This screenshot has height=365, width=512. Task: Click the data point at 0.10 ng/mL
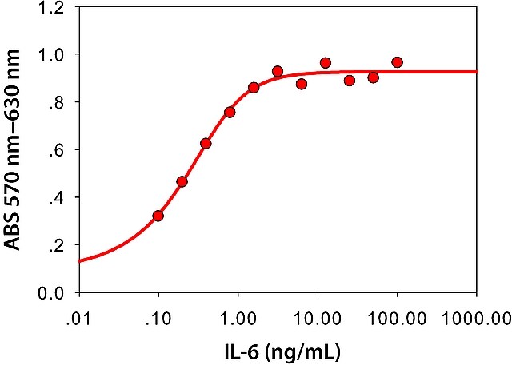coord(158,216)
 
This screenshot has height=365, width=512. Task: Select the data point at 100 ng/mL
coord(397,62)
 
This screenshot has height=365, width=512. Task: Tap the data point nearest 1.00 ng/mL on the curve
coord(230,113)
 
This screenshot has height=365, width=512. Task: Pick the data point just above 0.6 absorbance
coord(206,144)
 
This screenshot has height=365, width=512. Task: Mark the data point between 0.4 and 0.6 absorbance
coord(182,181)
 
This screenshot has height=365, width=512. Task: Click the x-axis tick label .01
coord(78,319)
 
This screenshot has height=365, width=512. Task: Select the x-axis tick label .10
coord(158,319)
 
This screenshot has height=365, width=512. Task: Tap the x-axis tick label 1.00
coord(238,319)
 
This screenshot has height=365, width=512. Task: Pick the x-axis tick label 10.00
coord(318,319)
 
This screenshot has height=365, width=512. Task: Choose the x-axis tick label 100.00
coord(397,319)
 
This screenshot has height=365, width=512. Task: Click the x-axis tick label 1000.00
coord(477,319)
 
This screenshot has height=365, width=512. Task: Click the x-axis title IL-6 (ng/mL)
coord(282,351)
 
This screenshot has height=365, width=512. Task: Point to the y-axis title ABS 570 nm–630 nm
coord(13,150)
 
